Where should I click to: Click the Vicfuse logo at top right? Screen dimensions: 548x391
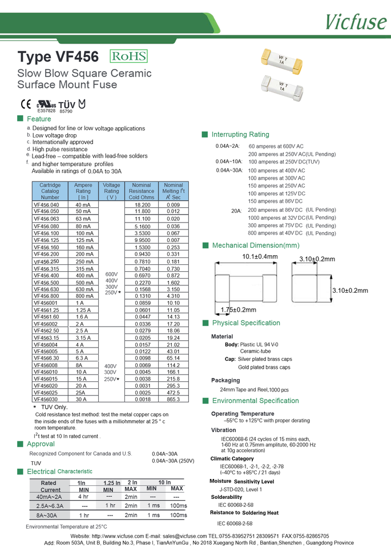(x=356, y=21)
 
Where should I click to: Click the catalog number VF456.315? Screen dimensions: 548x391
(x=46, y=269)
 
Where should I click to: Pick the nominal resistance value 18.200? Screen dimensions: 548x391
(x=142, y=204)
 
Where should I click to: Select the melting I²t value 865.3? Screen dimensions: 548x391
(x=173, y=399)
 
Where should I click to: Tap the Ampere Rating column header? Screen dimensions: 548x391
(x=83, y=191)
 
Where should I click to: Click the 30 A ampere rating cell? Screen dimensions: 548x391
(x=83, y=399)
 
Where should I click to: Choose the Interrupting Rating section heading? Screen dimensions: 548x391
(x=240, y=135)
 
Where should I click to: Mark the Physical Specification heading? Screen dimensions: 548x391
(x=245, y=323)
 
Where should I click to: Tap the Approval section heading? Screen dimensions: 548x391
(x=41, y=444)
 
